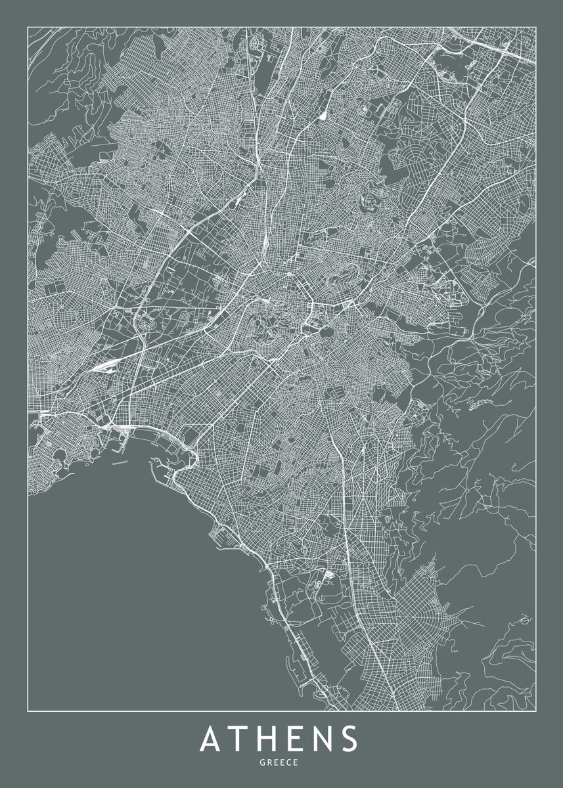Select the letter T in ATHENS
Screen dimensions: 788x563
coord(240,739)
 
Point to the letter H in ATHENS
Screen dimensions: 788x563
coord(269,739)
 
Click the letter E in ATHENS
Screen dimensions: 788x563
coord(297,739)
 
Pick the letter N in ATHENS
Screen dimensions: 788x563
coord(323,739)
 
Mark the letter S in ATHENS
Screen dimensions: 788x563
coord(350,739)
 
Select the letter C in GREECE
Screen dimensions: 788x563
coord(290,762)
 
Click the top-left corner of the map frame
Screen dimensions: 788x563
coord(28,26)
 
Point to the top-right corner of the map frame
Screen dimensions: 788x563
coord(536,26)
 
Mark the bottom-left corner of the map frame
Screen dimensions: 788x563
coord(28,711)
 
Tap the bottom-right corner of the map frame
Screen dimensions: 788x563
coord(536,711)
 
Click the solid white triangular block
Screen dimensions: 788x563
coord(323,116)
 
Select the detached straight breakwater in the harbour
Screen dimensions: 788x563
coord(120,464)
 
